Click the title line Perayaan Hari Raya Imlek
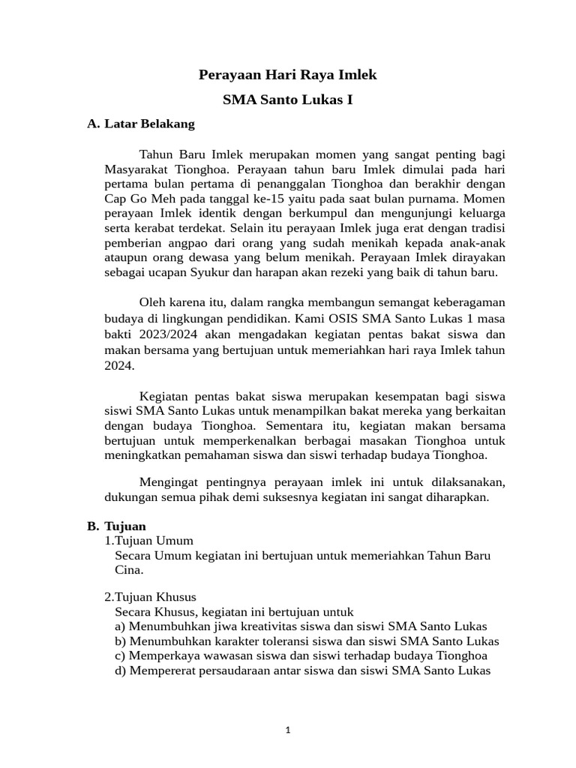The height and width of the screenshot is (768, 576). [x=287, y=75]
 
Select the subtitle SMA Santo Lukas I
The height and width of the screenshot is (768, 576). [x=287, y=100]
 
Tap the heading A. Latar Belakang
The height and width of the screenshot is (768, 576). [x=141, y=124]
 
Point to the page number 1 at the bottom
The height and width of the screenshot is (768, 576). [x=288, y=730]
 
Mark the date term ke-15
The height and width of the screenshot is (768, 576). [x=272, y=199]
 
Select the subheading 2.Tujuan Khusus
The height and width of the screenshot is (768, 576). [x=150, y=597]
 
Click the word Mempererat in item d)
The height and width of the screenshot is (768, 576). [x=162, y=670]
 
